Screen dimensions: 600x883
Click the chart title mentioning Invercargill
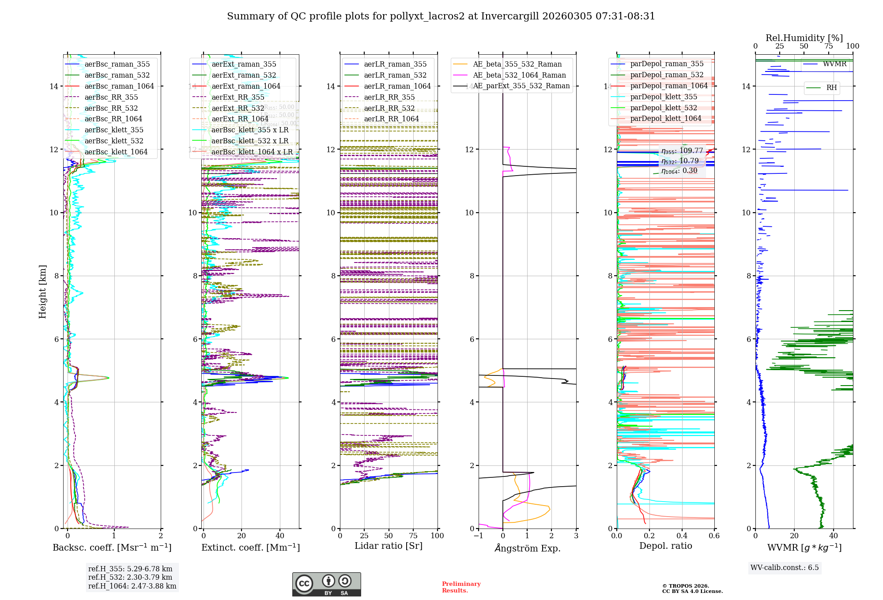[441, 16]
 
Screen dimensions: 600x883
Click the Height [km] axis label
[42, 291]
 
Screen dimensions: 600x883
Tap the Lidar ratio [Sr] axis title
[389, 546]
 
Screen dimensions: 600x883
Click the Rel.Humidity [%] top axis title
[804, 38]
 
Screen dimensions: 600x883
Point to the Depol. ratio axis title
[665, 546]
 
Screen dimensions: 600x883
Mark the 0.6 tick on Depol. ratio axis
[714, 536]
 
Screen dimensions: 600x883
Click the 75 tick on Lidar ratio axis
[413, 536]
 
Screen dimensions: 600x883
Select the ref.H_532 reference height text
[130, 577]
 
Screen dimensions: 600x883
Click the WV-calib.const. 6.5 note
[785, 567]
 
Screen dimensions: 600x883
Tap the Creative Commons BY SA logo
[326, 584]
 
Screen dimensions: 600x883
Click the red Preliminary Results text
[461, 587]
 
